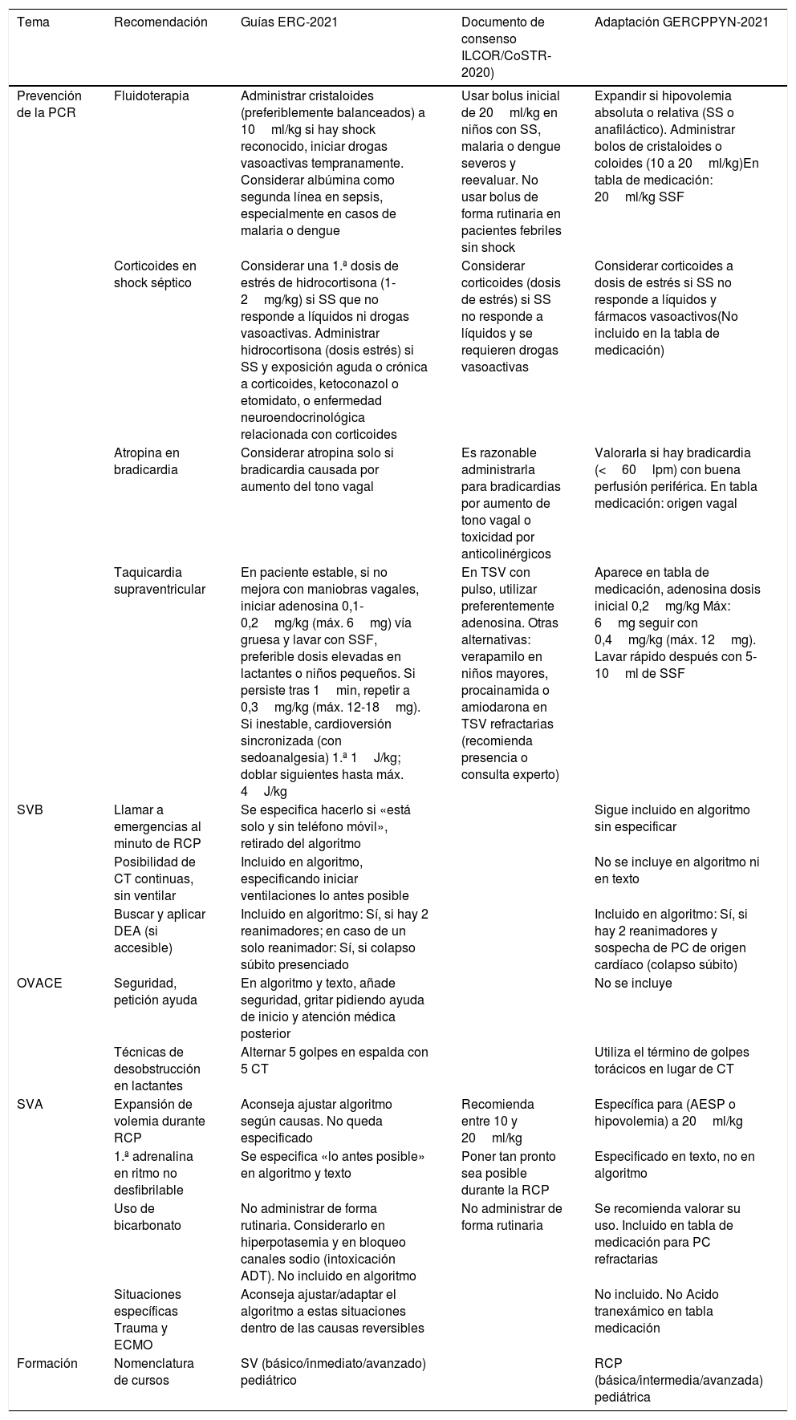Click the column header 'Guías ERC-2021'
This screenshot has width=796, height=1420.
(x=289, y=22)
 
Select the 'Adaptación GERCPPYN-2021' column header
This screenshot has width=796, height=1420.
(x=681, y=22)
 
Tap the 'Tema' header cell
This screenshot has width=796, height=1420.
(x=33, y=22)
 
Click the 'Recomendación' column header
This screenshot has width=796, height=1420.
(x=160, y=22)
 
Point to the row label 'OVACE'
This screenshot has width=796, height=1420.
(x=39, y=984)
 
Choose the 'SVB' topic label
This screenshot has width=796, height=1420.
(x=30, y=809)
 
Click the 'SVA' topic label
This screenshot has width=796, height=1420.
(x=30, y=1104)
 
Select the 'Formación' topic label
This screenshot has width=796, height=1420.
(x=47, y=1363)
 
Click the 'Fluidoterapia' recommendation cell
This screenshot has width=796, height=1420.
(x=152, y=95)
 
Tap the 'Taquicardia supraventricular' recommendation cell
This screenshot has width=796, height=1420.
(x=160, y=581)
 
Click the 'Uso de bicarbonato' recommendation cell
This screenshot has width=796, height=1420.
(x=148, y=1217)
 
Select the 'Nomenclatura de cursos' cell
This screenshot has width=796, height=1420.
(x=154, y=1372)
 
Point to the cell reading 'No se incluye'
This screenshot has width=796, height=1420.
(x=633, y=984)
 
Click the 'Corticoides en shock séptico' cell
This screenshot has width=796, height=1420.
(x=155, y=274)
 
